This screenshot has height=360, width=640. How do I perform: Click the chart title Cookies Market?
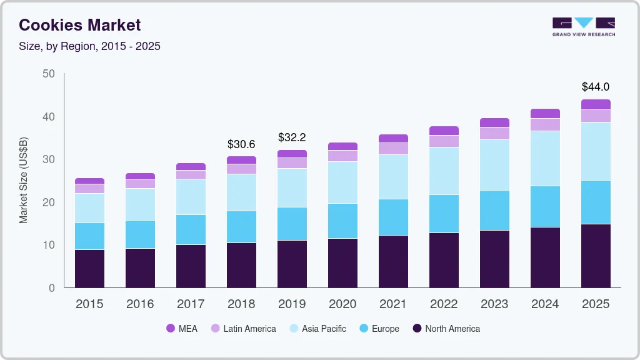point(80,25)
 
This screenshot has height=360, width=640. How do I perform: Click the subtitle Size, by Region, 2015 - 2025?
point(90,46)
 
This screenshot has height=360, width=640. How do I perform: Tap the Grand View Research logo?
point(583,26)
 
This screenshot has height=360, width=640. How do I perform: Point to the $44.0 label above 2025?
point(595,87)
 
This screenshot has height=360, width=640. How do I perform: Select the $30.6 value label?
point(241,144)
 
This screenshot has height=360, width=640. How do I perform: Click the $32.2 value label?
point(292,137)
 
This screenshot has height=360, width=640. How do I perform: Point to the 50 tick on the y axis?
point(49,74)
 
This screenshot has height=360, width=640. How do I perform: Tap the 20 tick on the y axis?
point(49,202)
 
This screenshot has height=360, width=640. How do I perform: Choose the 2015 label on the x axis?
point(89,304)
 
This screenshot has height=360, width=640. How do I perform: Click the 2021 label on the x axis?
point(393,304)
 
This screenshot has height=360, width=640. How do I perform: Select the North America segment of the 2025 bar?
point(596,256)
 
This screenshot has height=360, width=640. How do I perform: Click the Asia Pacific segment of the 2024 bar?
point(545,158)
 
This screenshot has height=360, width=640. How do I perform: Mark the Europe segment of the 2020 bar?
point(342,221)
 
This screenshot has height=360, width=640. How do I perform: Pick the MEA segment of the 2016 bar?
point(140,176)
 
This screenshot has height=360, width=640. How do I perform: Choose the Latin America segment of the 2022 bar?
point(444,141)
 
